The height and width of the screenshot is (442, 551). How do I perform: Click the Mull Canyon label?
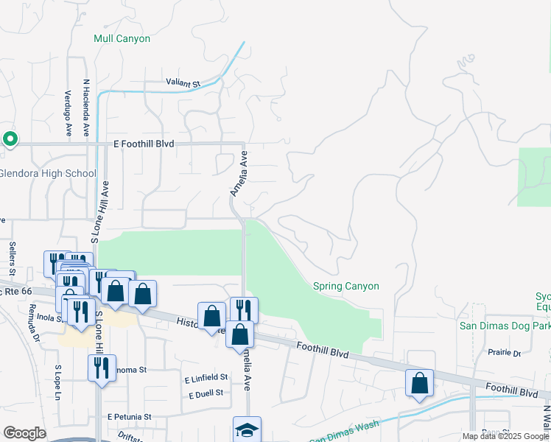click(122, 38)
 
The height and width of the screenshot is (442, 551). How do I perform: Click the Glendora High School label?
click(48, 174)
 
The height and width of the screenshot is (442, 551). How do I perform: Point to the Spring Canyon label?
click(345, 286)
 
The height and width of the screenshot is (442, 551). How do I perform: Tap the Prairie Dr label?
click(504, 353)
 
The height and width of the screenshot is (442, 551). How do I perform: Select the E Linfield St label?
click(206, 378)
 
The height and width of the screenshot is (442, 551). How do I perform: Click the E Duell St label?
click(206, 393)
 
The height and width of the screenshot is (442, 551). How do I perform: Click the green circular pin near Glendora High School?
click(10, 138)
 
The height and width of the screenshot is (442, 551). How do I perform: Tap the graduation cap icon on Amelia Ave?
click(247, 429)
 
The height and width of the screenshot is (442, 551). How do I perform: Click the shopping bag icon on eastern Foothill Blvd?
click(419, 384)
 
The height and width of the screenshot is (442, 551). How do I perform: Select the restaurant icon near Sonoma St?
click(102, 368)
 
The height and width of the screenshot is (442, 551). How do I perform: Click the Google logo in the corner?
click(24, 433)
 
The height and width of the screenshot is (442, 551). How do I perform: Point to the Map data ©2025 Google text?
click(505, 436)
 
